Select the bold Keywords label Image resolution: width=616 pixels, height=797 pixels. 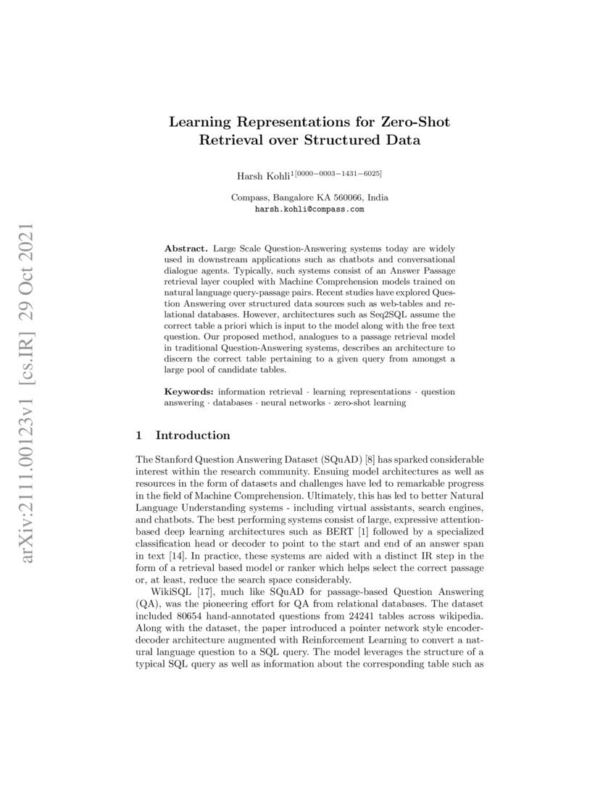[188, 391]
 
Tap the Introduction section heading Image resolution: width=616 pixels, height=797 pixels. [193, 435]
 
